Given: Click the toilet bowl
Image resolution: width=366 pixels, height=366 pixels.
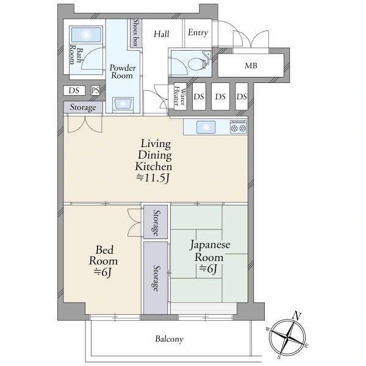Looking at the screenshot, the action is [197, 63].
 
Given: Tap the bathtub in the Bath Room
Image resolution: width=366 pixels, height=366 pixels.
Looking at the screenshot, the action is [87, 35].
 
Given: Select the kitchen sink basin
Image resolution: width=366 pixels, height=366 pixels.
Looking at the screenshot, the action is [206, 127].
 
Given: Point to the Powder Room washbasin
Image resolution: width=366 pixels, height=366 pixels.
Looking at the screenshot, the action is [123, 104].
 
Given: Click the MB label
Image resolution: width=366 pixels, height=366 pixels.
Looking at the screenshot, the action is [251, 66].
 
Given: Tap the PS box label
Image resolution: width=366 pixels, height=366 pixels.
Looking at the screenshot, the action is [95, 90].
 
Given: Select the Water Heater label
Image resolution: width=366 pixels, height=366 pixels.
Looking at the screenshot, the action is [180, 97].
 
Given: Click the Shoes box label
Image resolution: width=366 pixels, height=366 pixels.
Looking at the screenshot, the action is [136, 33].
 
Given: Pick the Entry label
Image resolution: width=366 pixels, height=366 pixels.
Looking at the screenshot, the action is [198, 32].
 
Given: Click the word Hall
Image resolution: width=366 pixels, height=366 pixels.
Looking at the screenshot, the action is [161, 34].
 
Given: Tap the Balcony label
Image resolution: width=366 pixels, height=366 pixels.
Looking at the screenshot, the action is [170, 339].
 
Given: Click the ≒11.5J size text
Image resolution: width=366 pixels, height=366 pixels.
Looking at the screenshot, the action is [153, 178].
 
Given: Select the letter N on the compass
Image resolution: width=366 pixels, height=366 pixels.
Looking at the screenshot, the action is [296, 316].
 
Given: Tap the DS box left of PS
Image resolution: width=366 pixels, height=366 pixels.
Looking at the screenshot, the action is [74, 90].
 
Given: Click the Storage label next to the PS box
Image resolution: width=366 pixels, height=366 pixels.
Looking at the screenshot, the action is [83, 107].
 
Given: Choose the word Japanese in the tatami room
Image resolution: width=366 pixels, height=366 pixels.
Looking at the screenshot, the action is [210, 245].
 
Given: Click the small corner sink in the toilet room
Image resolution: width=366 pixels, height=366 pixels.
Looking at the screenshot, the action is [207, 54].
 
